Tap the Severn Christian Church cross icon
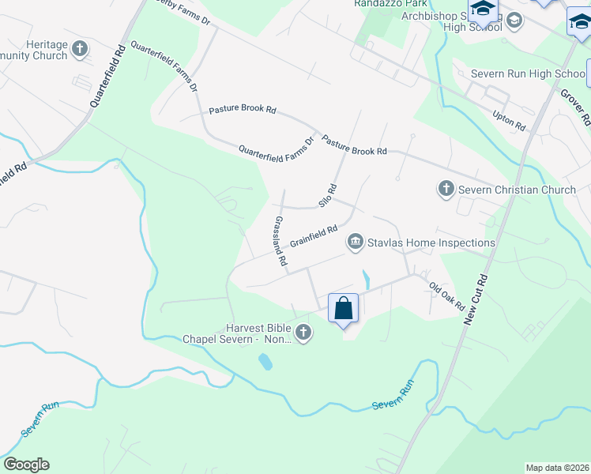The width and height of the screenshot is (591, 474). click(x=446, y=190)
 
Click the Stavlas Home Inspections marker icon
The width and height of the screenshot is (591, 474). click(x=356, y=243)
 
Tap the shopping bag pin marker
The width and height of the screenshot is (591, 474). click(x=344, y=307)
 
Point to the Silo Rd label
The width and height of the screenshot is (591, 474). click(x=328, y=195)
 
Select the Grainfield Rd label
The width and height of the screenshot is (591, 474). click(x=314, y=239)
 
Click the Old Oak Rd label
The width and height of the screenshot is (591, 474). click(x=447, y=296)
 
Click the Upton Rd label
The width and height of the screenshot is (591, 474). click(x=509, y=120)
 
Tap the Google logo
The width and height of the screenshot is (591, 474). click(x=26, y=465)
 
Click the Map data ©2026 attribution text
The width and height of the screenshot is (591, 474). click(x=556, y=468)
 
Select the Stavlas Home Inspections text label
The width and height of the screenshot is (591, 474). click(x=431, y=243)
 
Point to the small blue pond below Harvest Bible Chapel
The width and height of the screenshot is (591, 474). click(x=265, y=363)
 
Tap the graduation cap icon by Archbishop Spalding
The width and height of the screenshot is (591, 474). click(x=482, y=10)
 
